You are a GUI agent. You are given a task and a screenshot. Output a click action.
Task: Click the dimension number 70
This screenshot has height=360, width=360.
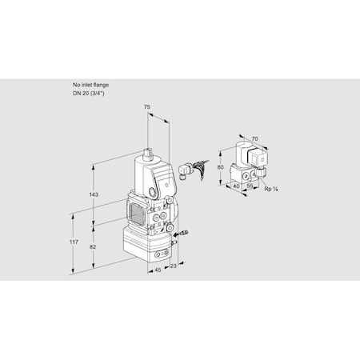tap(255, 139)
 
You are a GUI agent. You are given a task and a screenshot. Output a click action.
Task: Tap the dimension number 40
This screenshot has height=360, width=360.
tap(236, 186)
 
